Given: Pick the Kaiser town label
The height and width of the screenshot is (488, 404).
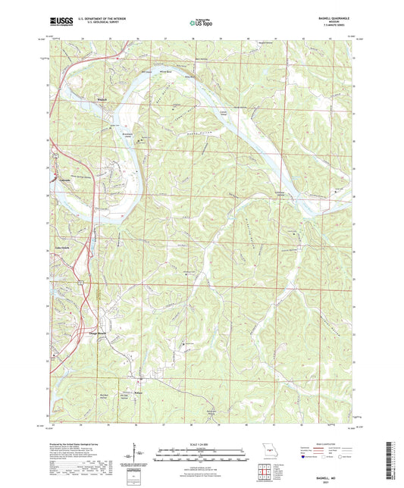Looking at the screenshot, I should [138, 392].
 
